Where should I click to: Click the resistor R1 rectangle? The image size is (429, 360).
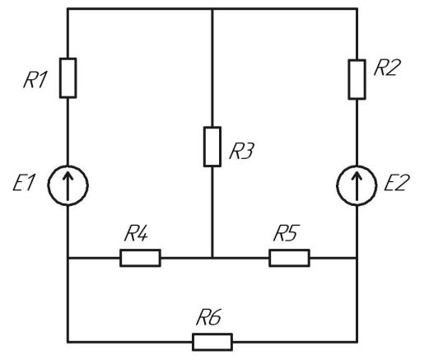click(68, 78)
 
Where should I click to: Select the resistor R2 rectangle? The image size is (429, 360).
click(357, 79)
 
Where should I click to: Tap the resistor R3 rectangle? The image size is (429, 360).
click(212, 147)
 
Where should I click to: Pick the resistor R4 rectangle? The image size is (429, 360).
click(140, 258)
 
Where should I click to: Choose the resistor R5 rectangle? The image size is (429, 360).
click(289, 258)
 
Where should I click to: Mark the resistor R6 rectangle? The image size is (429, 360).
click(212, 342)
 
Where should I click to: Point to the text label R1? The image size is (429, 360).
click(35, 80)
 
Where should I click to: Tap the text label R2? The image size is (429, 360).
click(385, 68)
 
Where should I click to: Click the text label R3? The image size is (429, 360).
click(241, 151)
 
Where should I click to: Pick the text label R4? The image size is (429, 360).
click(137, 233)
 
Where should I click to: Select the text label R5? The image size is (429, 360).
click(286, 233)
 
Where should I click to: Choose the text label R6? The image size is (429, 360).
click(209, 317)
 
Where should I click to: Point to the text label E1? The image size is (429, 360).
click(24, 183)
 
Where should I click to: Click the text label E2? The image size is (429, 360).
click(397, 183)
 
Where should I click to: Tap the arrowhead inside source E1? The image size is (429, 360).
click(68, 175)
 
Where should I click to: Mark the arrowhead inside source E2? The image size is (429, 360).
click(357, 175)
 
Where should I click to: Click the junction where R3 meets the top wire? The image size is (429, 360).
click(212, 9)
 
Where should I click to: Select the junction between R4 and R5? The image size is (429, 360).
click(212, 258)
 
